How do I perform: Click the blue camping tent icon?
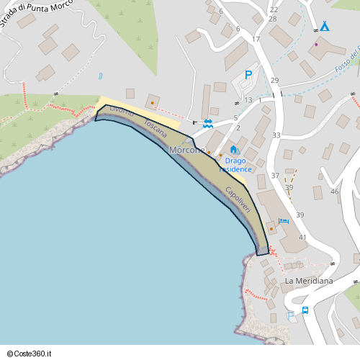click(x=325, y=27)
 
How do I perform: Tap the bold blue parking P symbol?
click(x=248, y=74)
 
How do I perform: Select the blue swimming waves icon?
click(x=207, y=123)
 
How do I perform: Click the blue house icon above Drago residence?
click(x=233, y=150)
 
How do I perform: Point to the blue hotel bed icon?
click(x=283, y=222)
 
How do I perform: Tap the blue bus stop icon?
click(x=305, y=310)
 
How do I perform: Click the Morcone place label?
click(x=187, y=150)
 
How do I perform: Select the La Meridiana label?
click(x=309, y=281)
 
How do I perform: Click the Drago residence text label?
click(x=235, y=165)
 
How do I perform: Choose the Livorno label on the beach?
click(x=122, y=112)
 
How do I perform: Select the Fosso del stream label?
click(x=347, y=64)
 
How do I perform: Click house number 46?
click(x=334, y=192)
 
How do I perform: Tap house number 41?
click(x=302, y=237)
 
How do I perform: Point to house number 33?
click(x=276, y=135)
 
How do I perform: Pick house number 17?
click(x=256, y=39)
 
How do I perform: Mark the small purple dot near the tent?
click(x=315, y=44)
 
